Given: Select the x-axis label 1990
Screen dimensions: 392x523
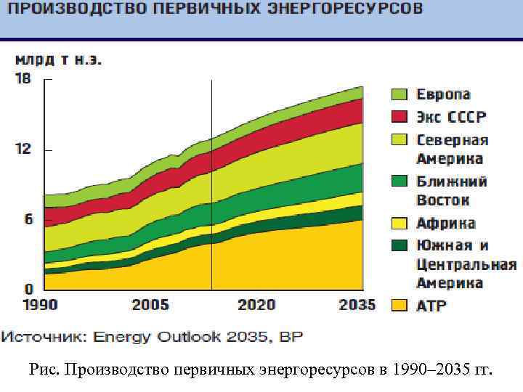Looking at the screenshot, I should (x=39, y=304).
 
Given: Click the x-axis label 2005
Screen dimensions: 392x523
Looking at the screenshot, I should (x=150, y=304).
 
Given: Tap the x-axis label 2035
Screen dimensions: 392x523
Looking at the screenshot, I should (x=357, y=304).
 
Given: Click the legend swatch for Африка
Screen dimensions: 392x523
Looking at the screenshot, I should (x=399, y=223).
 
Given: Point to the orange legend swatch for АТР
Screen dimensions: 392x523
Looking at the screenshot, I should (x=399, y=306).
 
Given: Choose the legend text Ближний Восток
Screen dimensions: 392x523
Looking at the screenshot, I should (x=451, y=191).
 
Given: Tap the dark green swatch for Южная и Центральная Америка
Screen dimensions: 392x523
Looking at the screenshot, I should (x=399, y=245).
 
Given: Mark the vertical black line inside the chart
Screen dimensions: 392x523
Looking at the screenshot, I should (x=211, y=181).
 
